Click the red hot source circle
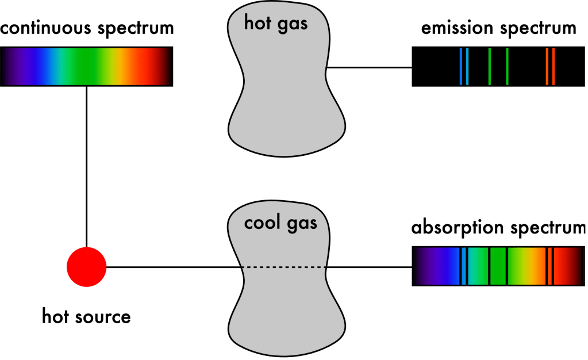(87, 267)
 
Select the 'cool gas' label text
(280, 224)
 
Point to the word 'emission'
(457, 28)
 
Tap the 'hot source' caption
(86, 316)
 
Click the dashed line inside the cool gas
(283, 267)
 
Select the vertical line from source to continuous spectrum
(87, 167)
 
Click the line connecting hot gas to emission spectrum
(370, 67)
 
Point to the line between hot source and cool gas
(174, 267)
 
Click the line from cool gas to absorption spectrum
(369, 267)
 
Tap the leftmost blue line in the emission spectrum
(461, 67)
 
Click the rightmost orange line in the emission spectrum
(554, 67)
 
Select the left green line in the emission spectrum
(489, 67)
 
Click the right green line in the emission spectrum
(507, 67)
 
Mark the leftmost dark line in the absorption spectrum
(460, 266)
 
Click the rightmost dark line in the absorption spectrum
(554, 266)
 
